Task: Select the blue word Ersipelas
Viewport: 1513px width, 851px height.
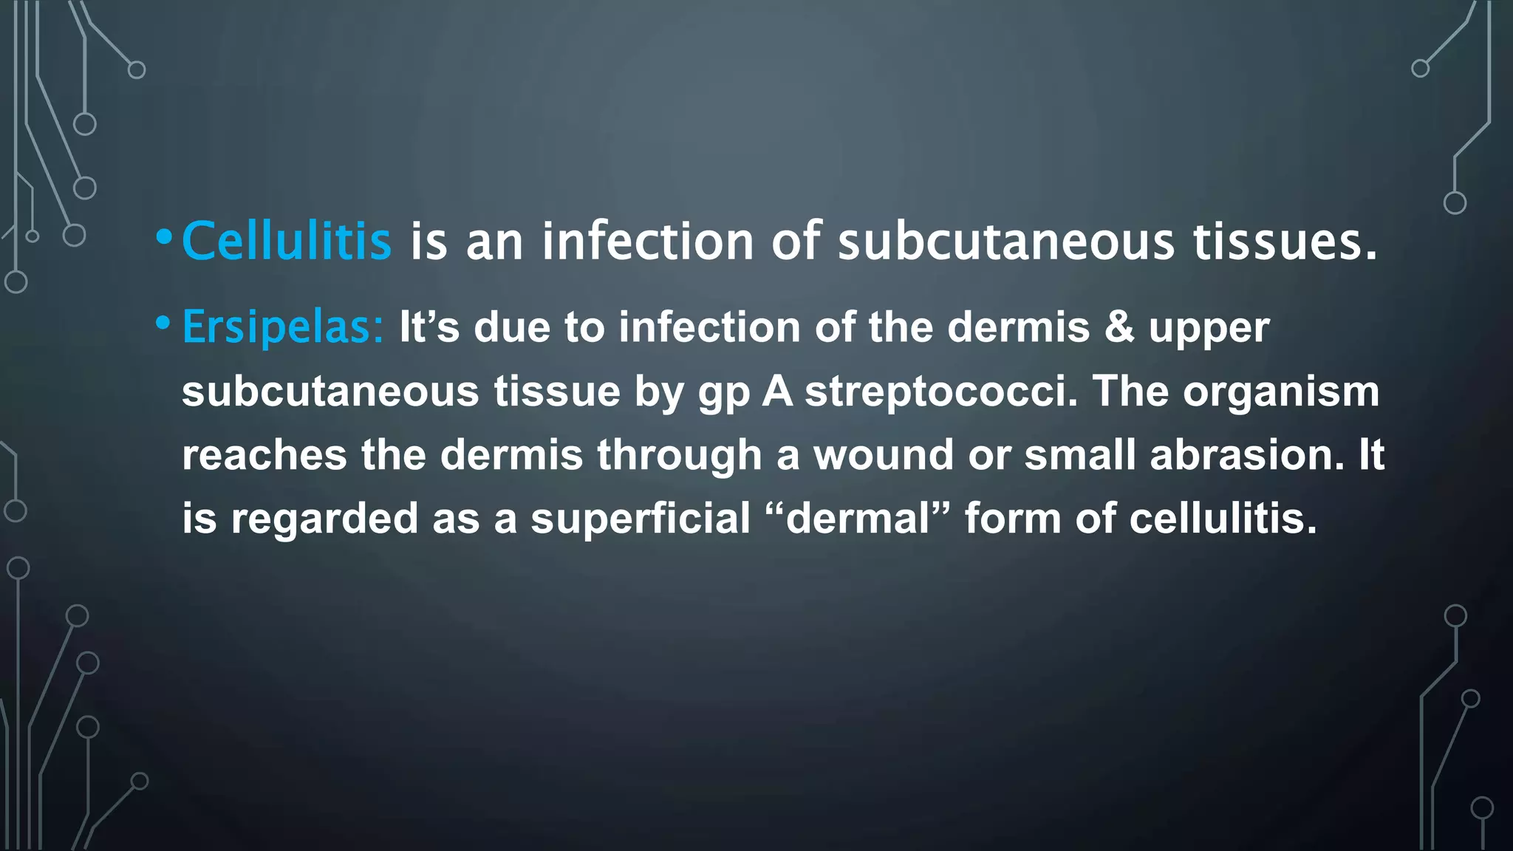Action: coord(282,327)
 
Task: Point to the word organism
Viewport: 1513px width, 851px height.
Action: coord(1281,392)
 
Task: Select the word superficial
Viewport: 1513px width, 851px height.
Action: coord(641,518)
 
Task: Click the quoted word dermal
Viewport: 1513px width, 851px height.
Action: coord(857,518)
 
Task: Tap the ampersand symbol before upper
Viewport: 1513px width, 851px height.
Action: coord(1119,327)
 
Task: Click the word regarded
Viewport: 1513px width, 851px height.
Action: coord(324,519)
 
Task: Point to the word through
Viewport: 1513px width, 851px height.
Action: coord(680,456)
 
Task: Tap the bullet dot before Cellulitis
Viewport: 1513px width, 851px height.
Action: coord(164,237)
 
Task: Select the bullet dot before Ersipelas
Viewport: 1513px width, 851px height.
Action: coord(163,322)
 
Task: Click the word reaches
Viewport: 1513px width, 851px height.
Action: coord(264,454)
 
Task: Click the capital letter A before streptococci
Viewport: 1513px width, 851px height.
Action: coord(777,391)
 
